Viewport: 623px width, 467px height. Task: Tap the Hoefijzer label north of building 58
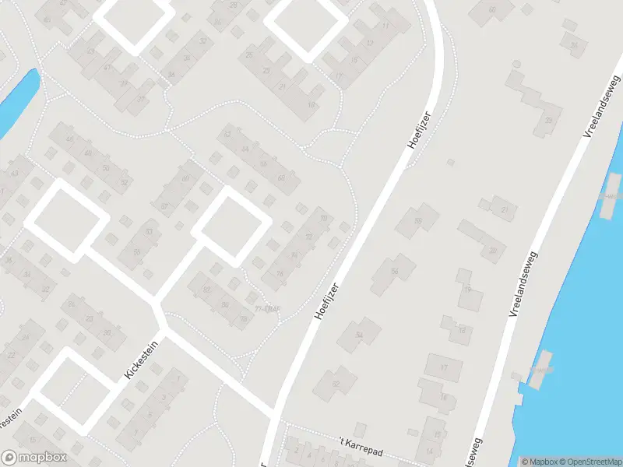pyautogui.click(x=418, y=130)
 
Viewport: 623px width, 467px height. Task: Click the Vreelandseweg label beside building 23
pyautogui.click(x=600, y=107)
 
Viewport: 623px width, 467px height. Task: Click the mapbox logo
pyautogui.click(x=34, y=458)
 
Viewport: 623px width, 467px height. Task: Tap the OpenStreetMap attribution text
pyautogui.click(x=590, y=462)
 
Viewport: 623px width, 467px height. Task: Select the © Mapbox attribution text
pyautogui.click(x=539, y=462)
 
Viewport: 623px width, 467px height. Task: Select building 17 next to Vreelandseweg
pyautogui.click(x=445, y=367)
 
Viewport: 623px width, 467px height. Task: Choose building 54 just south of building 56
pyautogui.click(x=359, y=334)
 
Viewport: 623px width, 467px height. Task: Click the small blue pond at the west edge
pyautogui.click(x=17, y=100)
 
